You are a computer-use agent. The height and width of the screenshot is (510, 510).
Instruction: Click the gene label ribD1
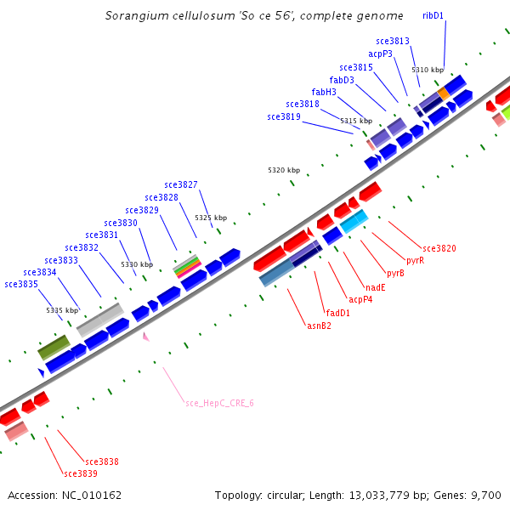point(433,15)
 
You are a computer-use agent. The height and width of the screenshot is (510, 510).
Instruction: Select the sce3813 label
point(393,41)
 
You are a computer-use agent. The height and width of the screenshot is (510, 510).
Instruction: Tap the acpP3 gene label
point(380,54)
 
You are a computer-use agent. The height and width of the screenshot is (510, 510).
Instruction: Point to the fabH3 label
point(324,92)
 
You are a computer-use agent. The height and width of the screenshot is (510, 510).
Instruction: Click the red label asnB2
point(318,326)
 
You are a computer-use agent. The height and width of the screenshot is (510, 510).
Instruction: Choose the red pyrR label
point(415,260)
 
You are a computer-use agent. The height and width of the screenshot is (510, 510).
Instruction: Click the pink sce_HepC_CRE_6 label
point(219,402)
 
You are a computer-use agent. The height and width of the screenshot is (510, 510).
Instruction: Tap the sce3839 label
point(81,473)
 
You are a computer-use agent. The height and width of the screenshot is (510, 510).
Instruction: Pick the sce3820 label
point(439,248)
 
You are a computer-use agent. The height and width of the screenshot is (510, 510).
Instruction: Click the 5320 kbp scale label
point(284,171)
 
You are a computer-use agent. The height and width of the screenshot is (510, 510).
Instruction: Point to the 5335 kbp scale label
point(62,311)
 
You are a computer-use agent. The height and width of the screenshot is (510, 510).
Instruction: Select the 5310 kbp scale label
point(428,70)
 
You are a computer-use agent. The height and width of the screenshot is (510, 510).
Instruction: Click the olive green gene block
point(54,346)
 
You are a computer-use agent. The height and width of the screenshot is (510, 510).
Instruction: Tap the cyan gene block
point(354,221)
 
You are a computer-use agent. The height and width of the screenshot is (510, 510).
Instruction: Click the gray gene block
point(99,319)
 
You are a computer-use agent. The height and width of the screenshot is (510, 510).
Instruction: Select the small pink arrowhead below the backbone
point(145,337)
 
